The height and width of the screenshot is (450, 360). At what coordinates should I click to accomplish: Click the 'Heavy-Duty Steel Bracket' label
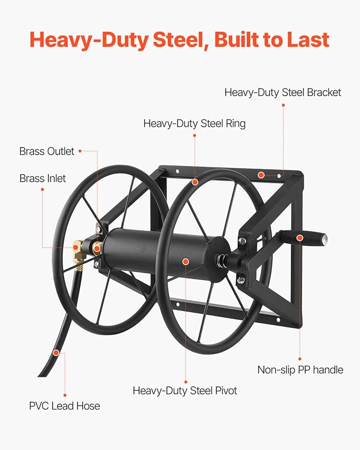283,92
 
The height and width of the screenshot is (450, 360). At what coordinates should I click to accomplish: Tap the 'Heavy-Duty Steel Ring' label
194,123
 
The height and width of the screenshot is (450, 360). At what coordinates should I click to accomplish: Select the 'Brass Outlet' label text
47,151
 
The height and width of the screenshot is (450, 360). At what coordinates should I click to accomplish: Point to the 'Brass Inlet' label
42,179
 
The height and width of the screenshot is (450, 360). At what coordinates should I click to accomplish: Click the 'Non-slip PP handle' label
300,369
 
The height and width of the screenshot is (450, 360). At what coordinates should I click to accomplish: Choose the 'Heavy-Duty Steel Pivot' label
185,391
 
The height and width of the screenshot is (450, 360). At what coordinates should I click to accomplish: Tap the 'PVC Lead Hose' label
64,406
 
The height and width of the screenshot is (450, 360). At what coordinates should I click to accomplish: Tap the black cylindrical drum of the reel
159,254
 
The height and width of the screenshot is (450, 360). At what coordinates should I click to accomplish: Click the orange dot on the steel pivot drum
186,261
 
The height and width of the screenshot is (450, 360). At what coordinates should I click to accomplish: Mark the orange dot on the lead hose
56,352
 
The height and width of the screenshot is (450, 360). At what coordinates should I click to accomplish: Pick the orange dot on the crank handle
300,238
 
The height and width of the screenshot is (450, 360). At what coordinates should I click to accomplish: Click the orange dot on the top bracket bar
260,174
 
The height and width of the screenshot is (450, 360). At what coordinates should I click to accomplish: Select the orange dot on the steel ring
195,182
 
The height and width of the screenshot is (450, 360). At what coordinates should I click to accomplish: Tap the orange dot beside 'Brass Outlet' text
80,151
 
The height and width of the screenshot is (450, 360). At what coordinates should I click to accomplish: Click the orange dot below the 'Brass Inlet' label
42,193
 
